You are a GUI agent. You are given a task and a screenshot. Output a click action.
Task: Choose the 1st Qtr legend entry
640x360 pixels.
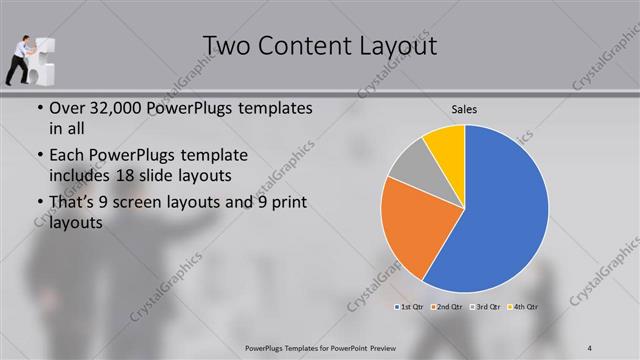coord(409,306)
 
